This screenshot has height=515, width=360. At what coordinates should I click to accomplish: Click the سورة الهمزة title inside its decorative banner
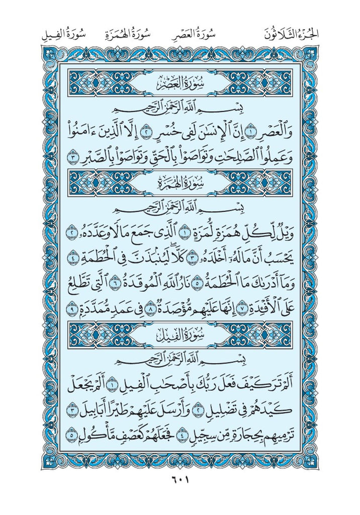[179, 181]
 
